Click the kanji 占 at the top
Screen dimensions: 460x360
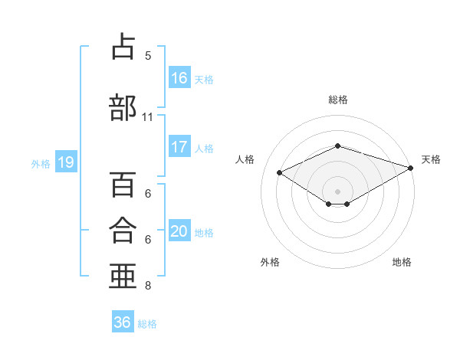pyautogui.click(x=123, y=46)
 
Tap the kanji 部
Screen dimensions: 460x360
pyautogui.click(x=123, y=107)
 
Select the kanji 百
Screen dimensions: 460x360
pyautogui.click(x=123, y=184)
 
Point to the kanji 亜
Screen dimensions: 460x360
pyautogui.click(x=123, y=276)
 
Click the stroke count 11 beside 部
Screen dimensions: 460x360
pyautogui.click(x=147, y=117)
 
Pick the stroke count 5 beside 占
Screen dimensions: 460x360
pyautogui.click(x=148, y=56)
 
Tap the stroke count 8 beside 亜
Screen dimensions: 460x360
pyautogui.click(x=148, y=286)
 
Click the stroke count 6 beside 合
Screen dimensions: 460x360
pyautogui.click(x=148, y=240)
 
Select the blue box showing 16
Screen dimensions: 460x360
pyautogui.click(x=179, y=77)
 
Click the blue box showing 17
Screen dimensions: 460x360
pyautogui.click(x=179, y=146)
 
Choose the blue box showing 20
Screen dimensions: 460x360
pyautogui.click(x=179, y=230)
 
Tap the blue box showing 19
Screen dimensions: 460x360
pyautogui.click(x=66, y=162)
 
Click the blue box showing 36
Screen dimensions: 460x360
pyautogui.click(x=123, y=321)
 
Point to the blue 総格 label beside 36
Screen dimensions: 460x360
pyautogui.click(x=147, y=324)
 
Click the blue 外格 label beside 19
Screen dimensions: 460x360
pyautogui.click(x=41, y=164)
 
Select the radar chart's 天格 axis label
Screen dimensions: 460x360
pyautogui.click(x=431, y=159)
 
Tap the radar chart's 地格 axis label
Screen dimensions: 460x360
pyautogui.click(x=402, y=262)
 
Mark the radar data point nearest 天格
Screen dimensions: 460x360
pyautogui.click(x=411, y=168)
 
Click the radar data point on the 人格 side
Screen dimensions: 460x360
pyautogui.click(x=280, y=172)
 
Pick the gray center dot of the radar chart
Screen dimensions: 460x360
pyautogui.click(x=337, y=191)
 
